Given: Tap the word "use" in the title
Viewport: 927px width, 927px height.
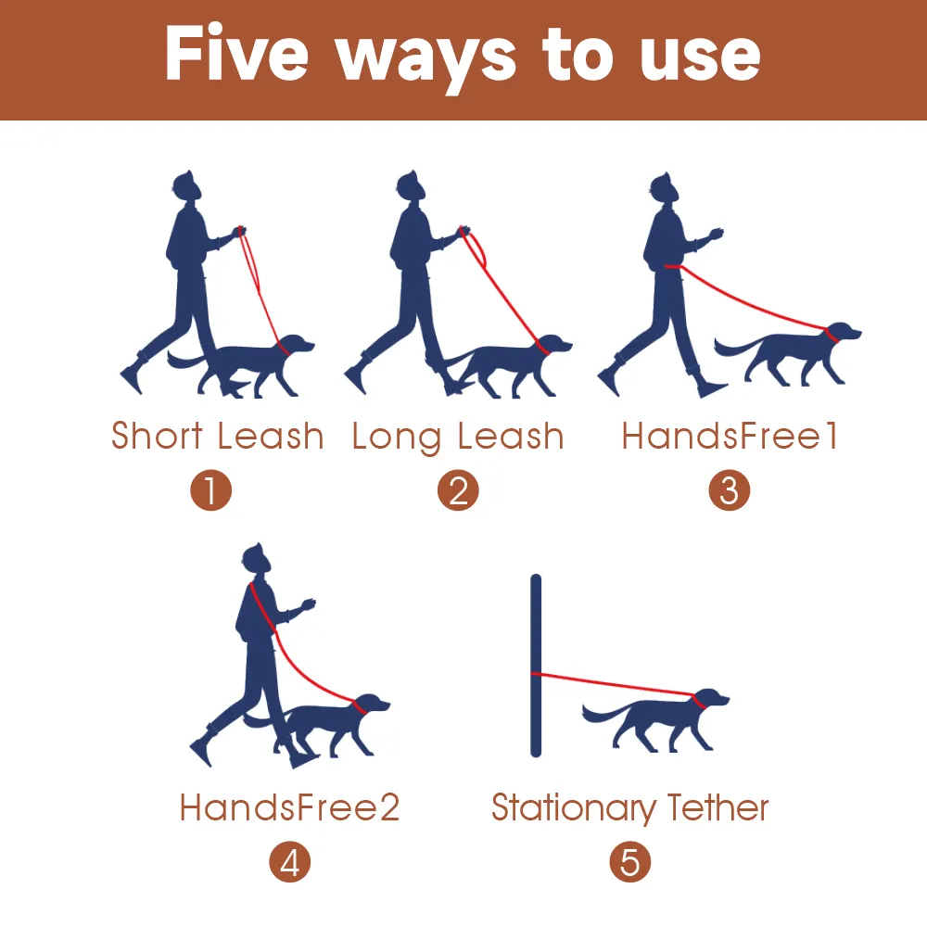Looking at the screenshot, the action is coord(700,57).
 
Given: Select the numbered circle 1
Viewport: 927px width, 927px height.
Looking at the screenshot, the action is coord(211,490).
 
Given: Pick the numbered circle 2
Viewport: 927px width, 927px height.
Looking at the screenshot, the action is coord(458,490).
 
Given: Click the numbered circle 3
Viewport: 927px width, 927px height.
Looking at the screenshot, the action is coord(729,490).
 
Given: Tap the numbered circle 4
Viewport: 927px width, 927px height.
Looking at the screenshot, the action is coord(289,862).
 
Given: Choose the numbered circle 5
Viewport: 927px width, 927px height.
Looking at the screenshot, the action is coord(630,862).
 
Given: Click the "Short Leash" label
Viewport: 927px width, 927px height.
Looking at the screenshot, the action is coord(218,436).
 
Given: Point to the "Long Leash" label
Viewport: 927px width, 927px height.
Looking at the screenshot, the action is coord(458,438).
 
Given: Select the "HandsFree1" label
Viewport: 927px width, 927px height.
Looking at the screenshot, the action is coord(730,436).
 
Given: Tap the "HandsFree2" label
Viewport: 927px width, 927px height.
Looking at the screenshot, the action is coord(289,807).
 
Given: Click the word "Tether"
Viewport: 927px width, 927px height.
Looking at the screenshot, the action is coord(717,807).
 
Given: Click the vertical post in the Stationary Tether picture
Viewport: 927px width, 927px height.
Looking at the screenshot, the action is coord(536,665).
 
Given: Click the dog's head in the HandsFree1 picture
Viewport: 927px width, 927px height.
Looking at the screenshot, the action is coord(843,333).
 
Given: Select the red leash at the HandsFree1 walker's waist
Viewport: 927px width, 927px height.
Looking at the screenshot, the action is coord(674,267).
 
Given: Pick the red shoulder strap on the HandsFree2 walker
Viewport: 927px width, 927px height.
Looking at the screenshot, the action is coord(263,609).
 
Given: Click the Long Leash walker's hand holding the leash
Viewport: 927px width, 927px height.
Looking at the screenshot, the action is coord(464,230).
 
